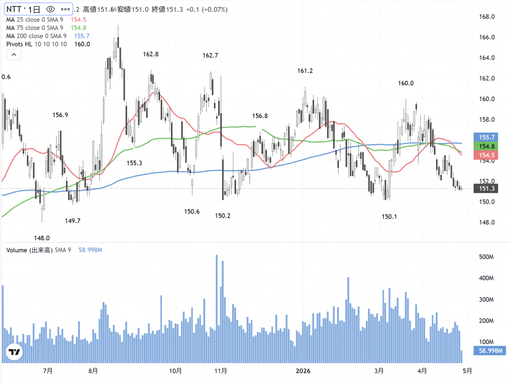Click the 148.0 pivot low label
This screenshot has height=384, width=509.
[42, 238]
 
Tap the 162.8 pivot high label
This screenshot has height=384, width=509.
[151, 54]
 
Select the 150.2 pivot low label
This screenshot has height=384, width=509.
[223, 216]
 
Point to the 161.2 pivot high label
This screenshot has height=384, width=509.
[305, 71]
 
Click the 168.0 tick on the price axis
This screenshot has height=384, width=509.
[486, 17]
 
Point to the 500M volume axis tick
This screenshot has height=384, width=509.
[486, 257]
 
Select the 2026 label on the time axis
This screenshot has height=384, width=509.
[303, 371]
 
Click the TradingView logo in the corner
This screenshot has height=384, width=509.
[14, 352]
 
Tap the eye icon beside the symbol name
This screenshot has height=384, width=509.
[50, 9]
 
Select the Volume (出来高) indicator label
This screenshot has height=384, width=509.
[29, 250]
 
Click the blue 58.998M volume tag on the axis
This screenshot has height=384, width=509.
[490, 351]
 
